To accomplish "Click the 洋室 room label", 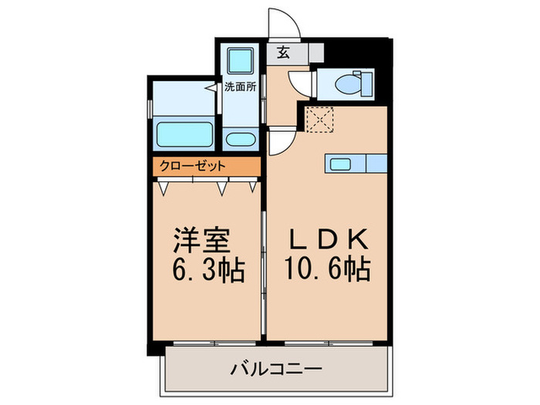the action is [201, 241].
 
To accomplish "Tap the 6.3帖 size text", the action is [208, 269].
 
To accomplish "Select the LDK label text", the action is [328, 239].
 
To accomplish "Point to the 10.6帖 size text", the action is [327, 268].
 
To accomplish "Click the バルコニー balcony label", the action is [276, 370].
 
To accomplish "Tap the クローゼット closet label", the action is [192, 167].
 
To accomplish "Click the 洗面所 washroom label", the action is [241, 86].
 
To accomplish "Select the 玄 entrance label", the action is [283, 52].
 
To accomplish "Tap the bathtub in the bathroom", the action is [184, 134].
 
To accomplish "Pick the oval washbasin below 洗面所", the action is [241, 140].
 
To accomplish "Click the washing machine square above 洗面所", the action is [241, 61].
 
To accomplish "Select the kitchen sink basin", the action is [341, 164].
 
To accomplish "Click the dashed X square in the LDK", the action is [320, 120].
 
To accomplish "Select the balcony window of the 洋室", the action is [214, 343].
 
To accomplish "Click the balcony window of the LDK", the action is [329, 343].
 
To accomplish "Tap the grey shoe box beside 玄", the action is [316, 52].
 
